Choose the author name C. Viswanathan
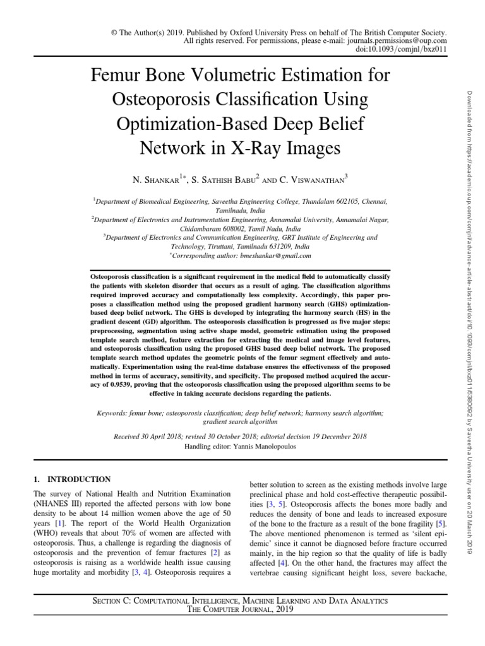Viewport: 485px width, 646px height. pos(308,180)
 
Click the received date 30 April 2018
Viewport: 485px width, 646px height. pos(166,437)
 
